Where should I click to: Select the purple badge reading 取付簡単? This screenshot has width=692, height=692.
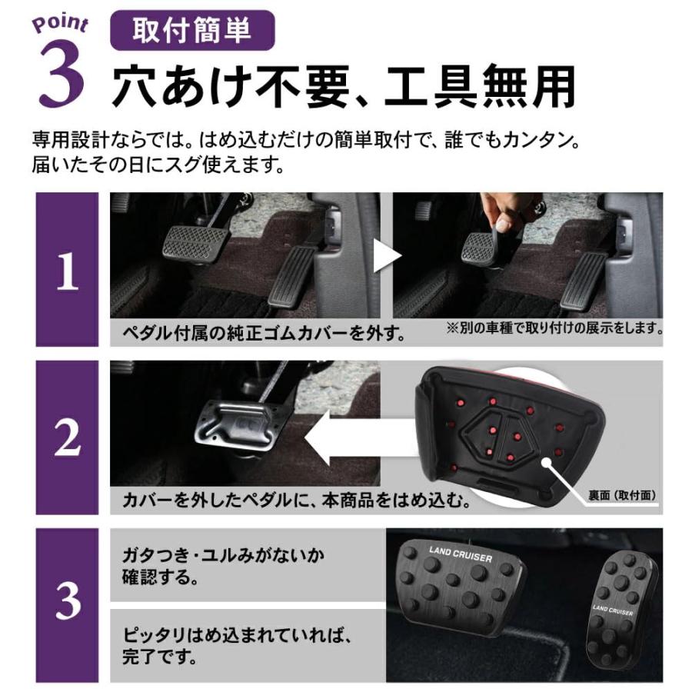coord(193,32)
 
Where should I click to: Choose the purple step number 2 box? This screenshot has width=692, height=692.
coord(67,437)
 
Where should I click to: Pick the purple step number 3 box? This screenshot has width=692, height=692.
coord(67,604)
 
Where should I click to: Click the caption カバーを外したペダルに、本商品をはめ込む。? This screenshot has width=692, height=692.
coord(296,501)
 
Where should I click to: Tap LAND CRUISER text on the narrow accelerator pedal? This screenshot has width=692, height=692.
coord(614,607)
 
